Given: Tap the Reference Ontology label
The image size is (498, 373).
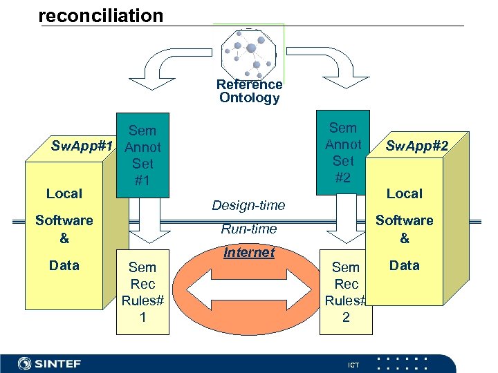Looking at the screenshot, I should click(249, 91).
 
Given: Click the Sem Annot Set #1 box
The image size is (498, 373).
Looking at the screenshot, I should click(142, 155).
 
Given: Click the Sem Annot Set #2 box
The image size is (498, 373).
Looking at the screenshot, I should click(343, 153).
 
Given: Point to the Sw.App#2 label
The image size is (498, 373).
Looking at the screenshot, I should click(417, 146).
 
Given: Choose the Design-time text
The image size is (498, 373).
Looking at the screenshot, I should click(248, 205).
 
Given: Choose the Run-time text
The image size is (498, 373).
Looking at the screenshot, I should click(248, 229).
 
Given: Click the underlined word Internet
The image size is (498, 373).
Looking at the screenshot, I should click(249, 253).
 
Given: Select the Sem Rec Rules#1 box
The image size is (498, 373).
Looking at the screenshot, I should click(142, 292).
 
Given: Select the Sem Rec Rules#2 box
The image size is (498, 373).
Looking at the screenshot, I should click(346, 292).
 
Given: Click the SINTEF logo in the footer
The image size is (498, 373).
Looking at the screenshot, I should click(49, 363).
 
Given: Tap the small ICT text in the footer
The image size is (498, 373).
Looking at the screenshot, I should click(353, 365).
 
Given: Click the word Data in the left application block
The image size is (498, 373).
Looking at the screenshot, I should click(64, 265).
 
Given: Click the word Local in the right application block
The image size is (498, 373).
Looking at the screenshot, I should click(405, 193).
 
